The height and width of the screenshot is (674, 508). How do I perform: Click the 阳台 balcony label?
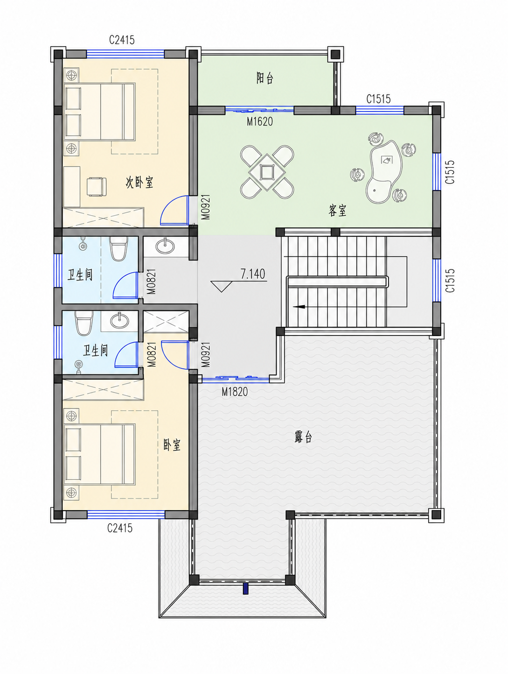265,78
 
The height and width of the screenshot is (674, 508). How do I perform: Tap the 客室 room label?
337,211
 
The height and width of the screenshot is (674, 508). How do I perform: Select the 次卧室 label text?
139,183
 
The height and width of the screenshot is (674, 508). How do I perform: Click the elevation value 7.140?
253,274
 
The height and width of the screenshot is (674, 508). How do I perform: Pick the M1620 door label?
260,122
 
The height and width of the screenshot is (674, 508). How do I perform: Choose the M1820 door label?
235,392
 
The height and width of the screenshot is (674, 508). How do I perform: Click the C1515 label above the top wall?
378,99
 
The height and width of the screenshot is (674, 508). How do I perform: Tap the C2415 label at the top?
122,40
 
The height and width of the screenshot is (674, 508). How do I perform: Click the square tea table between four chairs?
267,172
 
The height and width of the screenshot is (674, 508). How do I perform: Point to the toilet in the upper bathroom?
118,249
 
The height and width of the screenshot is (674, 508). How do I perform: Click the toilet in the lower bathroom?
84,323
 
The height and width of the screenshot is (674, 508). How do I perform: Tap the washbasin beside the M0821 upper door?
165,246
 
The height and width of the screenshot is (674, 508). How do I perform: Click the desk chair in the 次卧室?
96,186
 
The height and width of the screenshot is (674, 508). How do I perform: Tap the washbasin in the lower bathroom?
119,321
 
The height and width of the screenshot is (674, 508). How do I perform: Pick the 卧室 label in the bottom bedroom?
172,445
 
